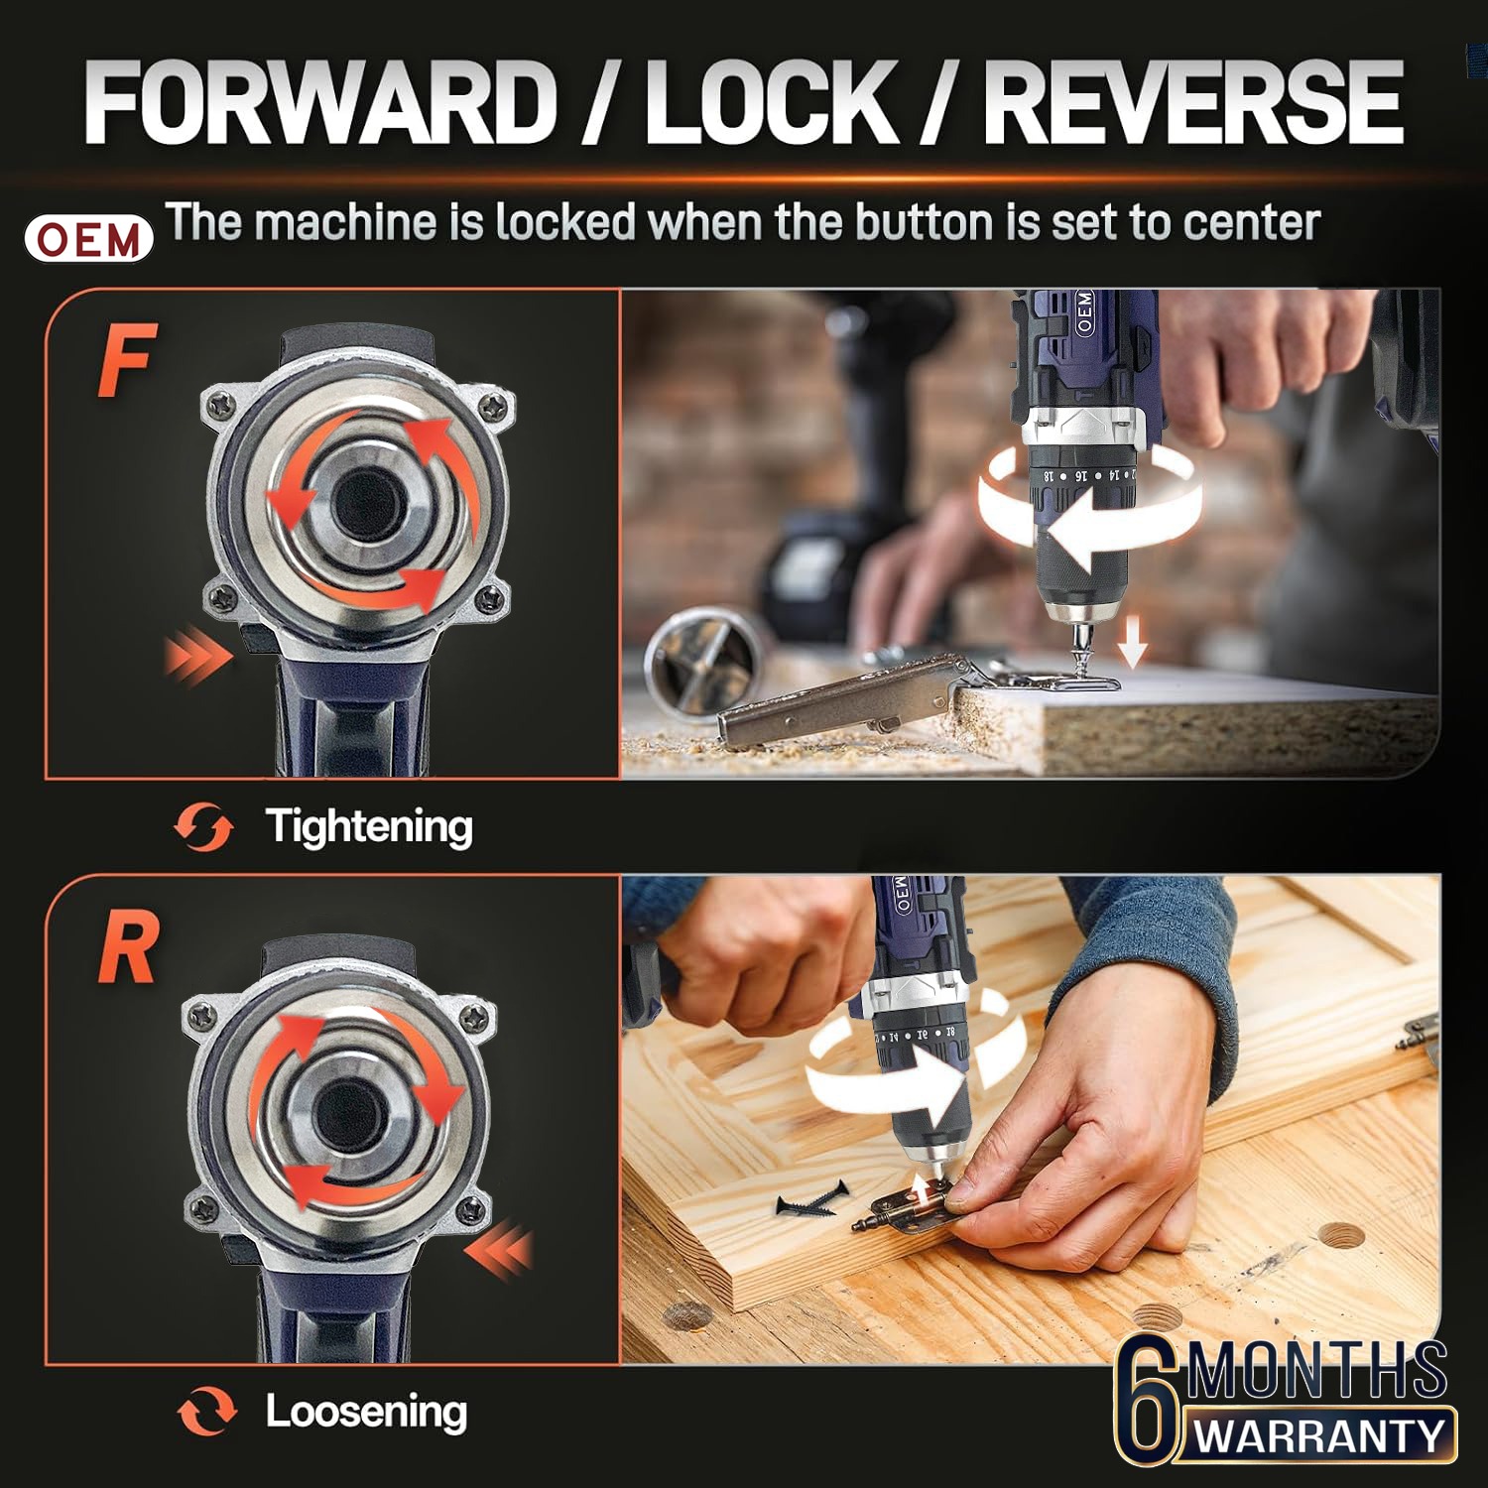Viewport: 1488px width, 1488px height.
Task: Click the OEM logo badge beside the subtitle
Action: [x=89, y=239]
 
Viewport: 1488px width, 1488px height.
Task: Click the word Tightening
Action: [x=369, y=827]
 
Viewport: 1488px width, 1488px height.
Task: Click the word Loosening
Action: [x=366, y=1412]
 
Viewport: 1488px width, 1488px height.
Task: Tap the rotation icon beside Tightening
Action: [x=203, y=827]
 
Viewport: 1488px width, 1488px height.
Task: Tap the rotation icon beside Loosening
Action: [x=207, y=1411]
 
